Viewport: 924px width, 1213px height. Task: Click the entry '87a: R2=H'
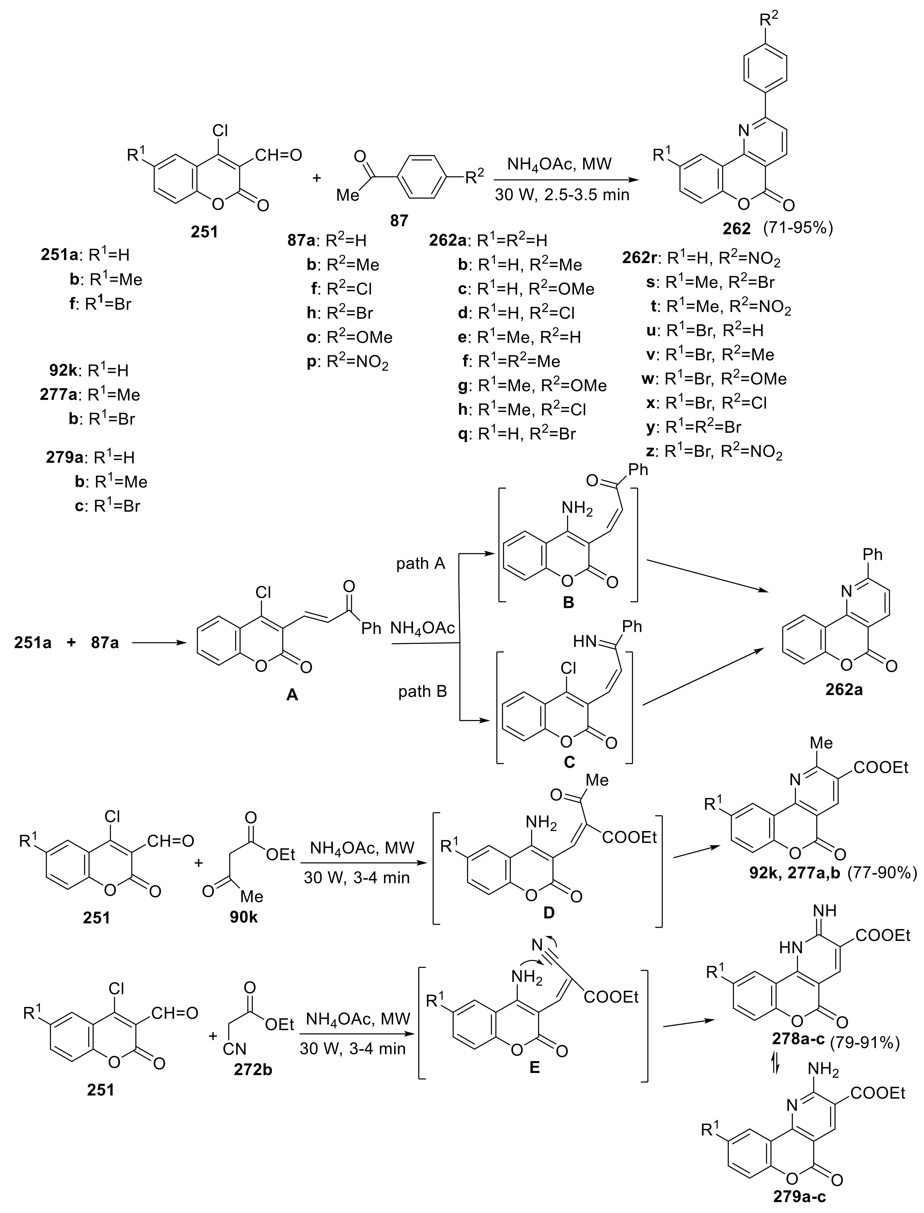[x=327, y=240]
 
